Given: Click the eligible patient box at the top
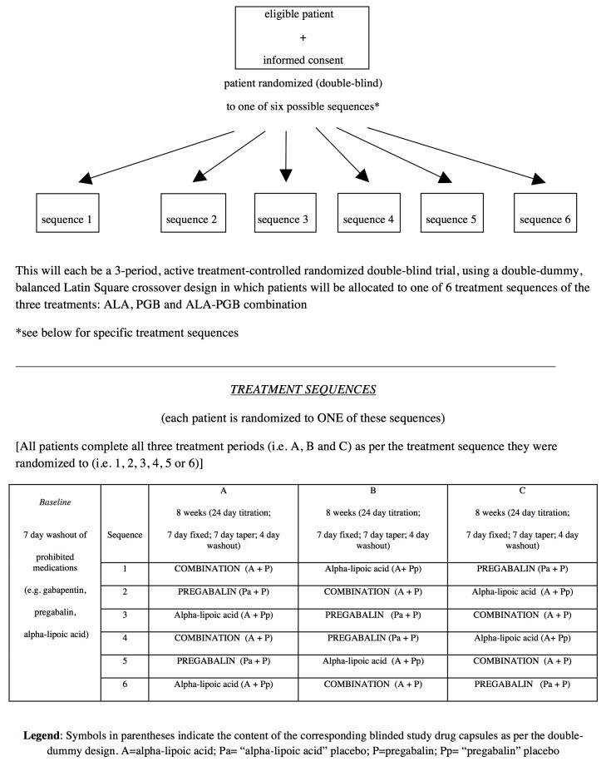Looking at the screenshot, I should pyautogui.click(x=303, y=37).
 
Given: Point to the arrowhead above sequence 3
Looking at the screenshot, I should pyautogui.click(x=286, y=175).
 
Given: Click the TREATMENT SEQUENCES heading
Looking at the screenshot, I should pyautogui.click(x=303, y=389).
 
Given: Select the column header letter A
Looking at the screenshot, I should pyautogui.click(x=223, y=491).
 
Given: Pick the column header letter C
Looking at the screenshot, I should pyautogui.click(x=521, y=491).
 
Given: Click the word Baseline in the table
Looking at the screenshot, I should pyautogui.click(x=55, y=502).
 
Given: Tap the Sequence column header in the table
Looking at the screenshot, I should pyautogui.click(x=125, y=535).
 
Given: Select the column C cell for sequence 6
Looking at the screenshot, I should pyautogui.click(x=521, y=684).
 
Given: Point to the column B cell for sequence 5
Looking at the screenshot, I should pyautogui.click(x=372, y=661).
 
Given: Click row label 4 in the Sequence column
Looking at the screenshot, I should pyautogui.click(x=125, y=639).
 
